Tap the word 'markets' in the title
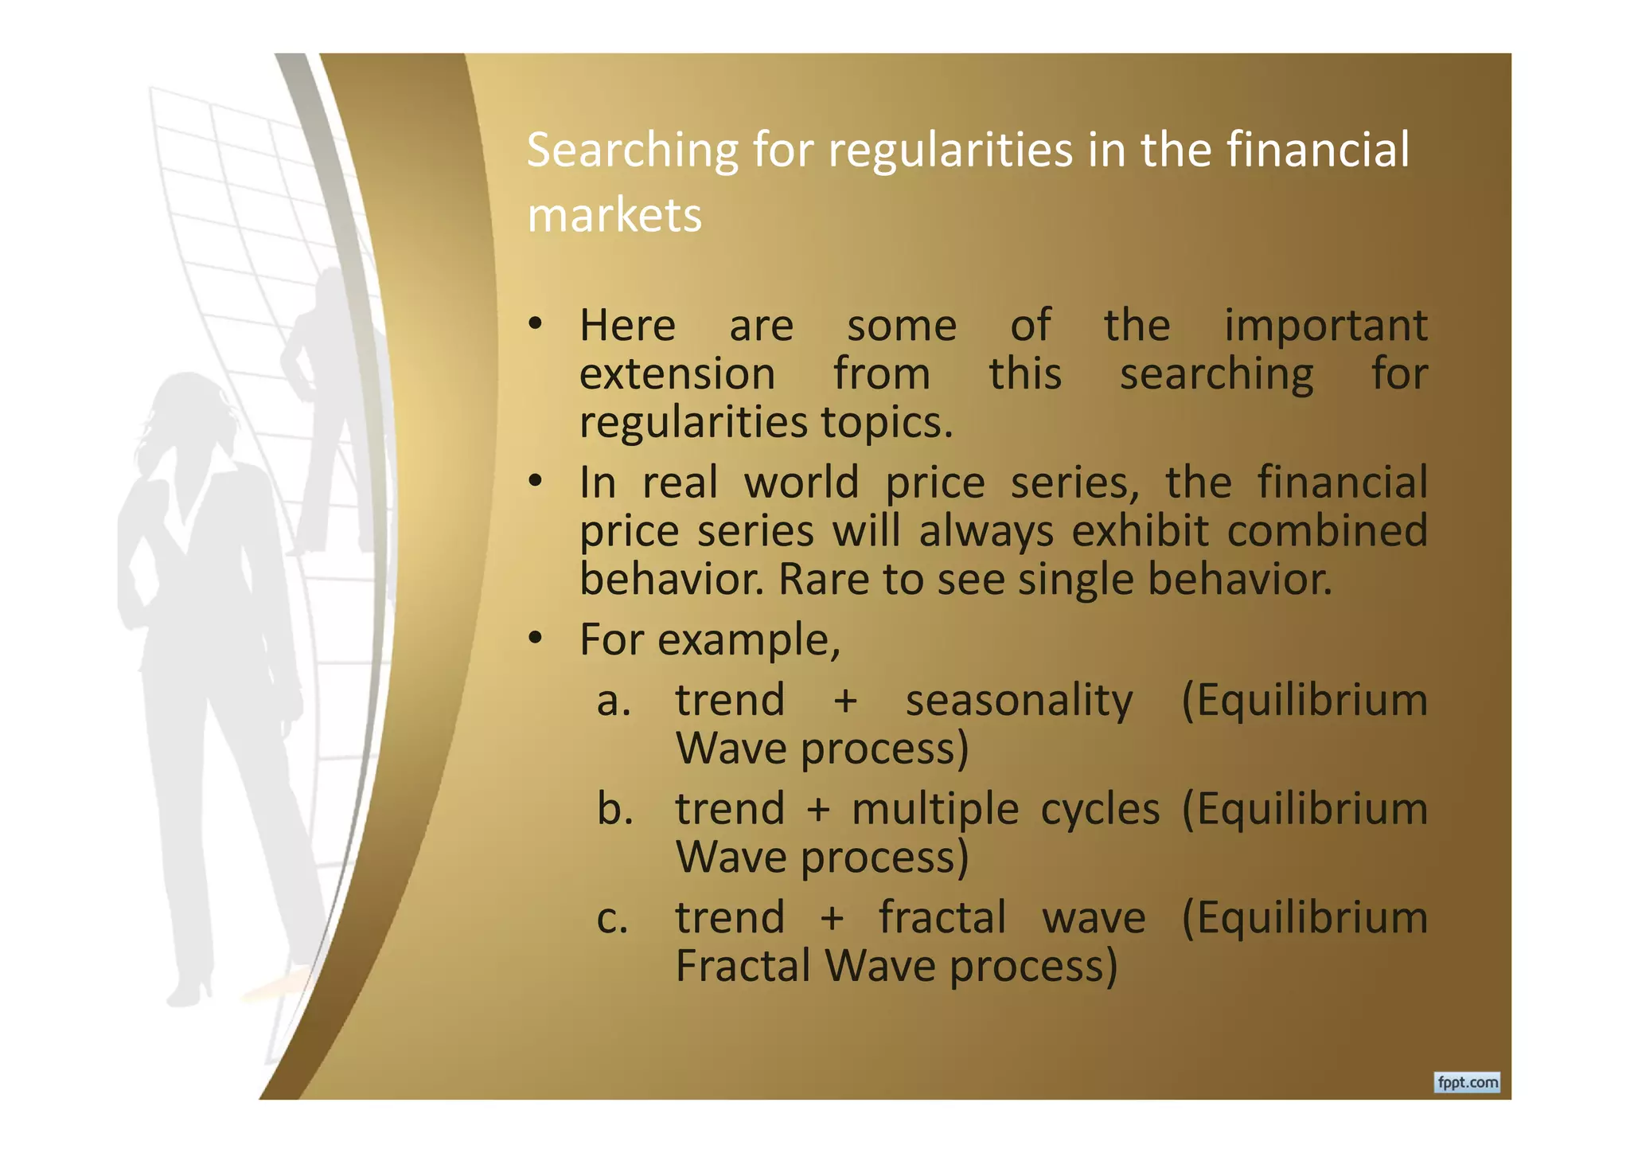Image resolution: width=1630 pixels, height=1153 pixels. pos(614,216)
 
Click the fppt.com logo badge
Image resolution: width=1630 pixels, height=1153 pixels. pos(1467,1082)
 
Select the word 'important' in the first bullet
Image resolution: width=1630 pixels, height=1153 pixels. pos(1325,326)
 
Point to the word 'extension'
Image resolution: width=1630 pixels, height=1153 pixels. pos(677,374)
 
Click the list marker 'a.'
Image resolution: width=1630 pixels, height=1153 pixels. pos(614,701)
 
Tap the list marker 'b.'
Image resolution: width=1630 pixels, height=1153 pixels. pos(614,809)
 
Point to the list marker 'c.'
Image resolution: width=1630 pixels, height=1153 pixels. pos(612,918)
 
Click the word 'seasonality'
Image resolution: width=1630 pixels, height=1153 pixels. pos(1019,701)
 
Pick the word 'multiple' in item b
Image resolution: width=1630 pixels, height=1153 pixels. pos(934,809)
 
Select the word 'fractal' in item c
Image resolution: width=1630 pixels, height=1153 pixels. pos(942,918)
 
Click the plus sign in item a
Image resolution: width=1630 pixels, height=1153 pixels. pos(845,702)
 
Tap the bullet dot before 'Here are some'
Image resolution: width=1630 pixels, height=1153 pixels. pos(535,324)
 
